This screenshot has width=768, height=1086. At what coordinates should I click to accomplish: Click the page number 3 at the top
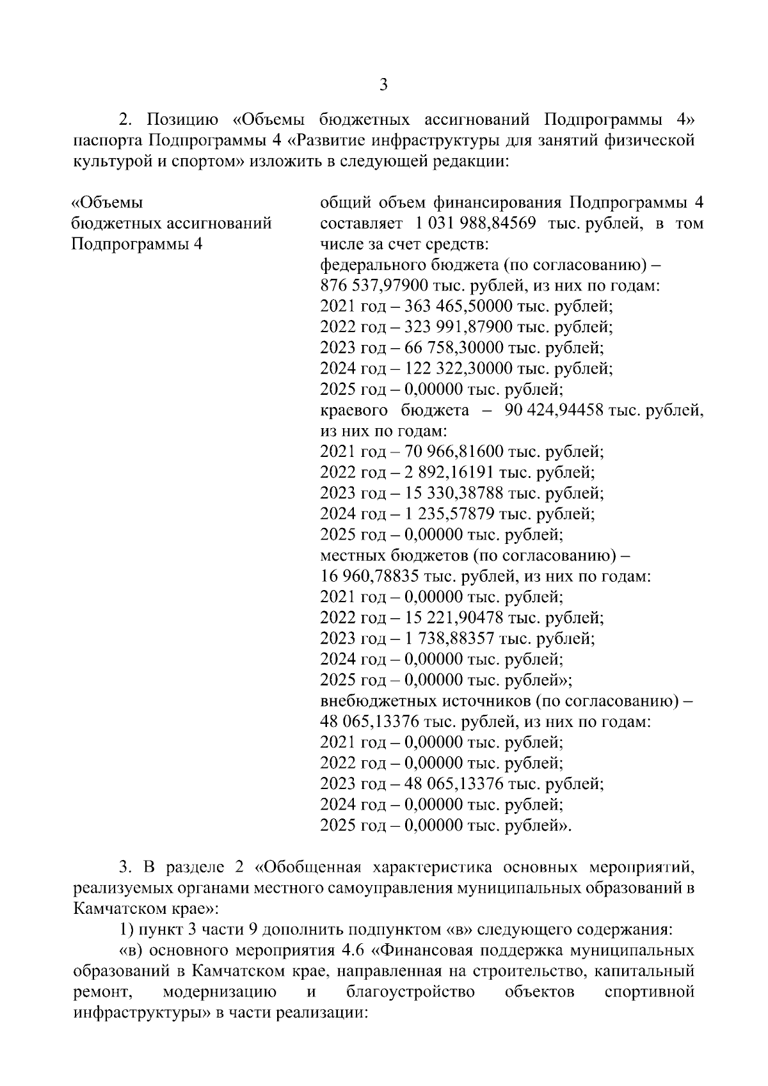click(x=383, y=84)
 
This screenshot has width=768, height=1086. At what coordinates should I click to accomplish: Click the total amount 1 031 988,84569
click(x=475, y=224)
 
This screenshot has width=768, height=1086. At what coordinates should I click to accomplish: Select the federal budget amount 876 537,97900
click(x=373, y=286)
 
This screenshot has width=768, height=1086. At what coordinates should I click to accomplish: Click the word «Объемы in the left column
click(x=106, y=203)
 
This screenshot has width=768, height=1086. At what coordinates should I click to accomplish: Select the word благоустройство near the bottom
click(x=410, y=992)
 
